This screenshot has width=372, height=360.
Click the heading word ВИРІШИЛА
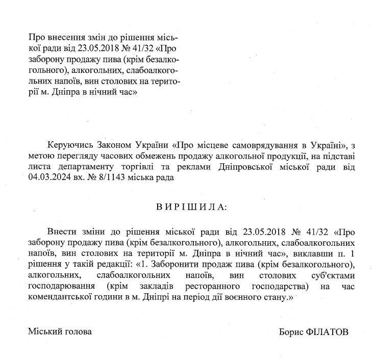click(192, 208)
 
